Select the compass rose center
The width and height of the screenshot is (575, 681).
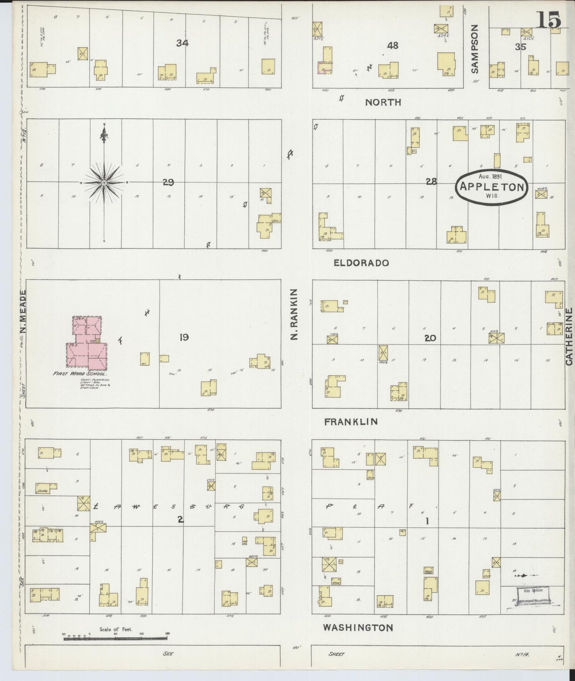(x=104, y=182)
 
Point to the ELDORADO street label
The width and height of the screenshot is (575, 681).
(x=361, y=263)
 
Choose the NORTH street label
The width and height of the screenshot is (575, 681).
(x=383, y=102)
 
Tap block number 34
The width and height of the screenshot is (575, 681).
(x=182, y=43)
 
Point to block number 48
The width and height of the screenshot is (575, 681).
(x=392, y=45)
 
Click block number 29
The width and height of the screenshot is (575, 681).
(x=168, y=182)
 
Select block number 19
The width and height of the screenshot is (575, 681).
(x=183, y=338)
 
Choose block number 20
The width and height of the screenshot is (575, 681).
(x=430, y=338)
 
